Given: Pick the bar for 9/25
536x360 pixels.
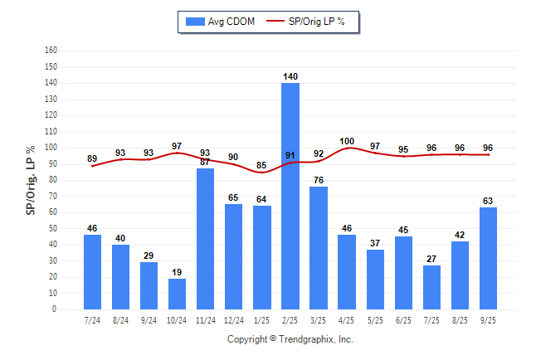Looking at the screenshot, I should coord(489,258).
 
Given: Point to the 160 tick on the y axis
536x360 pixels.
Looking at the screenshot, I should coord(51,51).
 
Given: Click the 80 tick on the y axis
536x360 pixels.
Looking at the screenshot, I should coord(52,180).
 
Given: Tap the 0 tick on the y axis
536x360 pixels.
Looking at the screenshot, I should coord(55,309).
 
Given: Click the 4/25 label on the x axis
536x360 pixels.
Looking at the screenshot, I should coord(347,319).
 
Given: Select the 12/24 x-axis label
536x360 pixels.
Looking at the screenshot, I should coord(233,319).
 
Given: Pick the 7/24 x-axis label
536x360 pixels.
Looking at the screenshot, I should coord(92,319).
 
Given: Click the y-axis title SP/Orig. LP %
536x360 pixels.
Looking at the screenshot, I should coord(31,179).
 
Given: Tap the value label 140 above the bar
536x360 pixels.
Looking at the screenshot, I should coord(290,76).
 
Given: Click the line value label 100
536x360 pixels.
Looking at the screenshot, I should coord(347,141).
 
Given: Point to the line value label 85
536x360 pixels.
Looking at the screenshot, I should coord(262,165).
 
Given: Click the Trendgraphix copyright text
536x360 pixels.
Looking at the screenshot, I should coord(290,339).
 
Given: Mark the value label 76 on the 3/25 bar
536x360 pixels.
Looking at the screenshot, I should coord(319,180).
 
